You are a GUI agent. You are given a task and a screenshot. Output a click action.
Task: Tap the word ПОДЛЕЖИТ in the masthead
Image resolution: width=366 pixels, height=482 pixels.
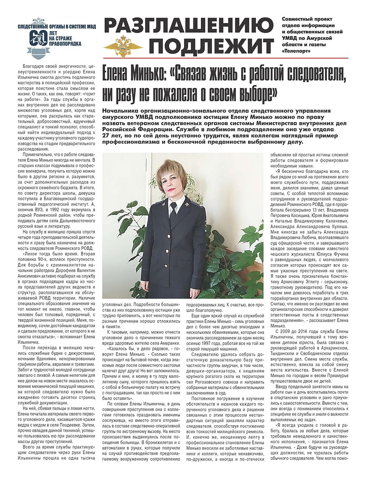pos(212,47)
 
